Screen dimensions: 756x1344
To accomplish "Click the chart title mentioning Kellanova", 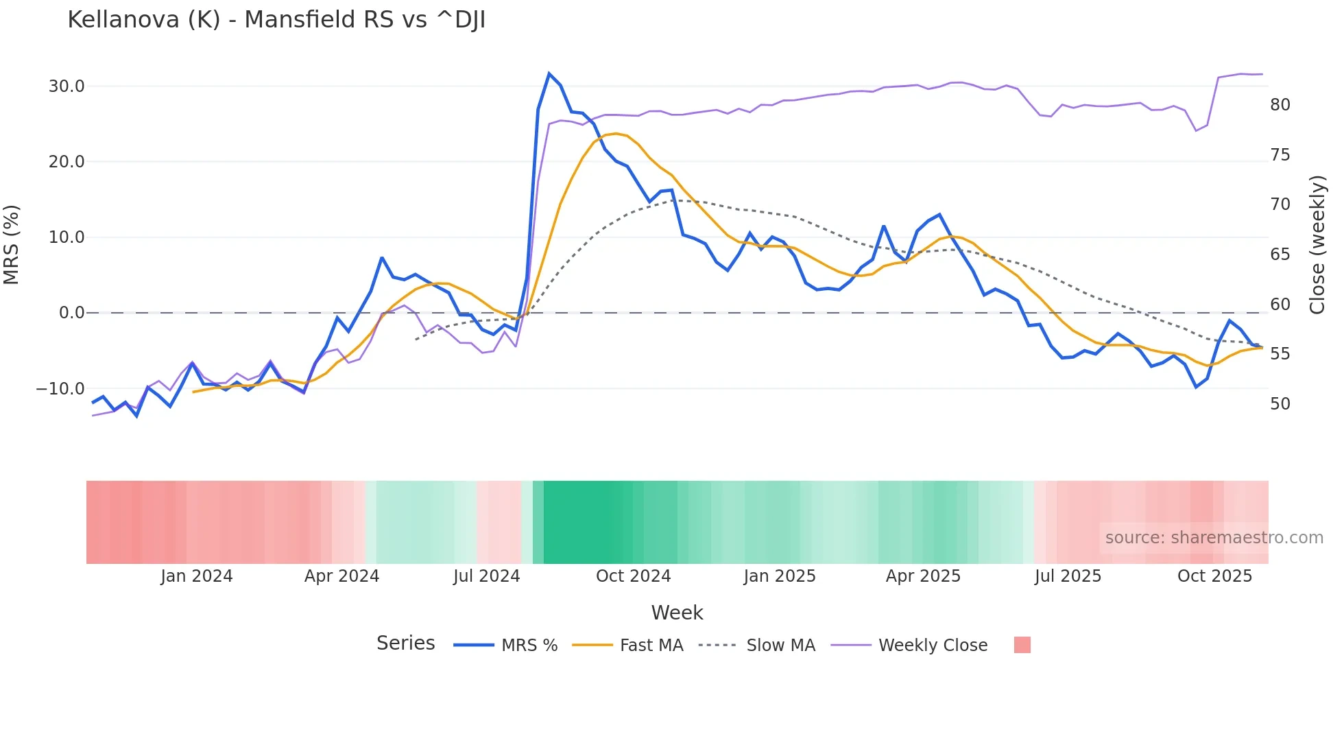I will [x=276, y=20].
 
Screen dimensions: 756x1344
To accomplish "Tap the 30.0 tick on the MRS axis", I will [x=67, y=86].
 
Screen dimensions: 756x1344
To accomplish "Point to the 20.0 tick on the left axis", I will [x=67, y=162].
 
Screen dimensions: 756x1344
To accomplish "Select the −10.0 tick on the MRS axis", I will [x=60, y=389].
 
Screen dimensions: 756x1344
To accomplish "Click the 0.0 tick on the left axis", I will [x=71, y=313].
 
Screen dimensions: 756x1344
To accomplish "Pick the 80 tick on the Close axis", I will [x=1280, y=105].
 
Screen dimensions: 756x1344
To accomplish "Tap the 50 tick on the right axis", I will [x=1280, y=404].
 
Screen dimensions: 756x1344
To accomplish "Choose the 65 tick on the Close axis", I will [x=1280, y=255].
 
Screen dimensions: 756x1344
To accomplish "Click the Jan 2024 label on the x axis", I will [x=197, y=576].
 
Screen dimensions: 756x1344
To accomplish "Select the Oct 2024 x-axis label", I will [x=633, y=576].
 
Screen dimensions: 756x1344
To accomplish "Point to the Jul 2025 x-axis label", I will [x=1068, y=576].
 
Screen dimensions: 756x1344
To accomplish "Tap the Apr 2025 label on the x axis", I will [x=923, y=576].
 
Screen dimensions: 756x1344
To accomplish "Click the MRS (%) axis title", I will [x=12, y=244].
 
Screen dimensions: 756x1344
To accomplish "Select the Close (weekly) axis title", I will [x=1317, y=244].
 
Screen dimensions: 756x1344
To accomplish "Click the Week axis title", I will [x=677, y=613].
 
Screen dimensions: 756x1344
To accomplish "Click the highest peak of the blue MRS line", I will [x=549, y=73].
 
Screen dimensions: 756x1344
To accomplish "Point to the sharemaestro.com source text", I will [x=1214, y=538].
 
